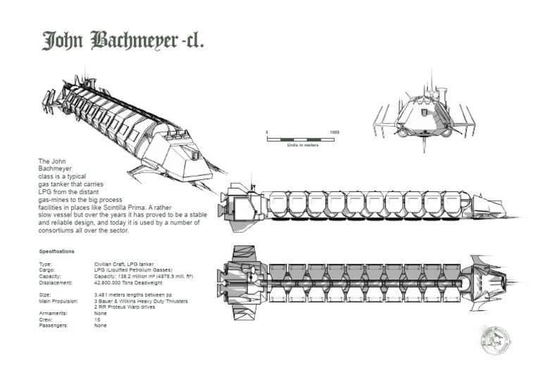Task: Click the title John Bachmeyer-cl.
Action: (x=123, y=41)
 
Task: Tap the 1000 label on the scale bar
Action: (x=335, y=132)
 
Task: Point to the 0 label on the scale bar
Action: (x=267, y=132)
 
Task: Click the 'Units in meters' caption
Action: (x=303, y=145)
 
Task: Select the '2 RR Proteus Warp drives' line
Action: (x=120, y=307)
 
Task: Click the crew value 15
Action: (x=97, y=319)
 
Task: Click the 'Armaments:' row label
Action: (x=53, y=313)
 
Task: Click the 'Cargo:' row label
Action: (x=47, y=269)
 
